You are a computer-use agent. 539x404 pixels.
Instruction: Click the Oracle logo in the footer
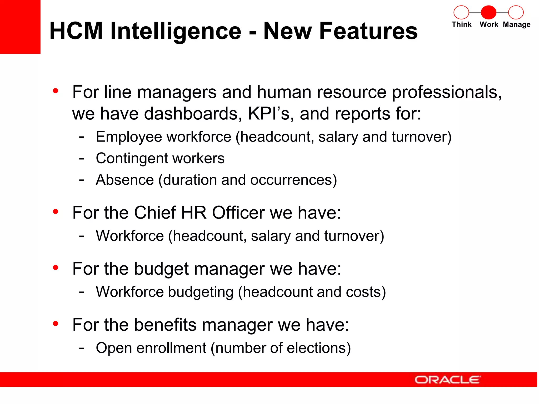click(447, 380)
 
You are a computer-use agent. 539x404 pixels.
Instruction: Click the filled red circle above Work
click(488, 12)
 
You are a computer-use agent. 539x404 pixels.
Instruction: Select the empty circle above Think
click(461, 12)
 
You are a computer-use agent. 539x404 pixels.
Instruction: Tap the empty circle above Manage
click(516, 12)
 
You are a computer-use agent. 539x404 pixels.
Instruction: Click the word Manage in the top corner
click(517, 25)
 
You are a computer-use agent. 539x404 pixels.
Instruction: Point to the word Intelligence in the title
click(176, 31)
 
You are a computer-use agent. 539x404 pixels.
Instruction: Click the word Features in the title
click(341, 31)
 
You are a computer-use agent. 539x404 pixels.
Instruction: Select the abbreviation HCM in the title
click(76, 31)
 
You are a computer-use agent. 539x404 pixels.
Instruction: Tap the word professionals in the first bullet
click(447, 93)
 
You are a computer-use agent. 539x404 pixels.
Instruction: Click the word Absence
click(125, 180)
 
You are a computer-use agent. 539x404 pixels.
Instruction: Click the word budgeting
click(201, 292)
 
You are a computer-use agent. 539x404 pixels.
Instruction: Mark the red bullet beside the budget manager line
click(55, 267)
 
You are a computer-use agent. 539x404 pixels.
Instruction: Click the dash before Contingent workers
click(82, 159)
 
